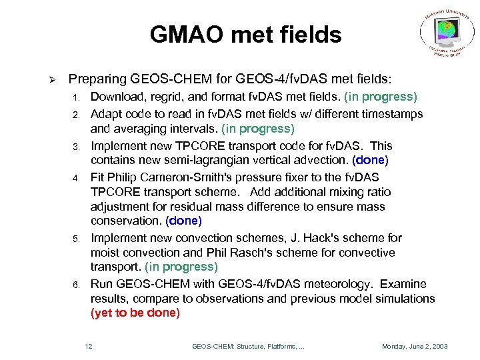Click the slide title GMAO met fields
(245, 34)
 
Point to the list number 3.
(77, 147)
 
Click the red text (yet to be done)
(135, 313)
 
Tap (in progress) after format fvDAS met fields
(381, 97)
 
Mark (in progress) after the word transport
(181, 267)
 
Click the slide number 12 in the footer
(89, 347)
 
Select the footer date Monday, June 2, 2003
(414, 347)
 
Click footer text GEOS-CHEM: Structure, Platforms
(248, 347)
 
